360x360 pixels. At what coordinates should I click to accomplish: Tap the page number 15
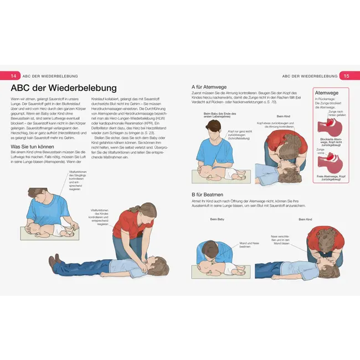pos(345,76)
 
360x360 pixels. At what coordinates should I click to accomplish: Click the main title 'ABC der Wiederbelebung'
pos(64,89)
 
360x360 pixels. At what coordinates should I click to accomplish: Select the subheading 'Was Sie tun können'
pos(34,147)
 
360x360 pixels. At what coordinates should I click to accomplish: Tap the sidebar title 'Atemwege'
pos(327,93)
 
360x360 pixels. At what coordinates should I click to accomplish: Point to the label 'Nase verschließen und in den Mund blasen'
pos(281,240)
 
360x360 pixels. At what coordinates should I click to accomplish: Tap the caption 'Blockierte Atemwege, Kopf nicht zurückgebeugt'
pos(330,142)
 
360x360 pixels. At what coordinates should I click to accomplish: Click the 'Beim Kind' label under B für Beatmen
pos(305,219)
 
